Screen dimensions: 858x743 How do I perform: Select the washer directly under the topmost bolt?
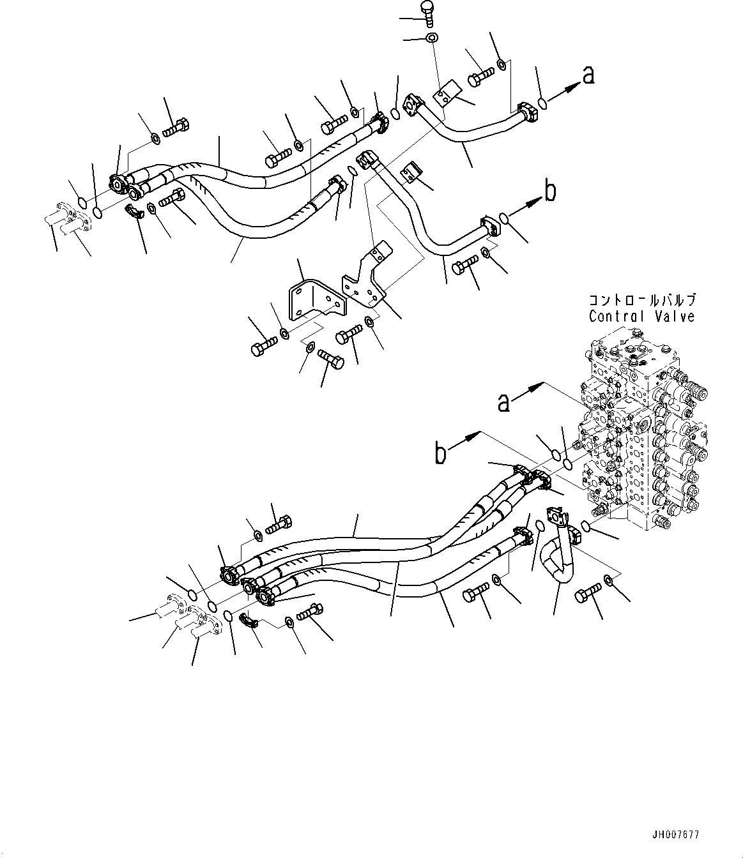[432, 38]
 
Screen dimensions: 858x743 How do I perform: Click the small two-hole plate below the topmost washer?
[445, 96]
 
